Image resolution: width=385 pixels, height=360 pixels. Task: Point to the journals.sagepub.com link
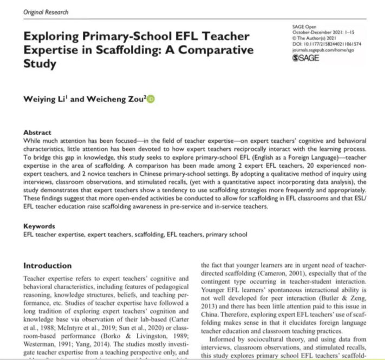coord(318,49)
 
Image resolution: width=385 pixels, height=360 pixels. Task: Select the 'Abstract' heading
coord(38,133)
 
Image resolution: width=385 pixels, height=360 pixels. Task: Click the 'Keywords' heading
coord(40,226)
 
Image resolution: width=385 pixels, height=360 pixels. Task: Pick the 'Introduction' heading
coord(47,266)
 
